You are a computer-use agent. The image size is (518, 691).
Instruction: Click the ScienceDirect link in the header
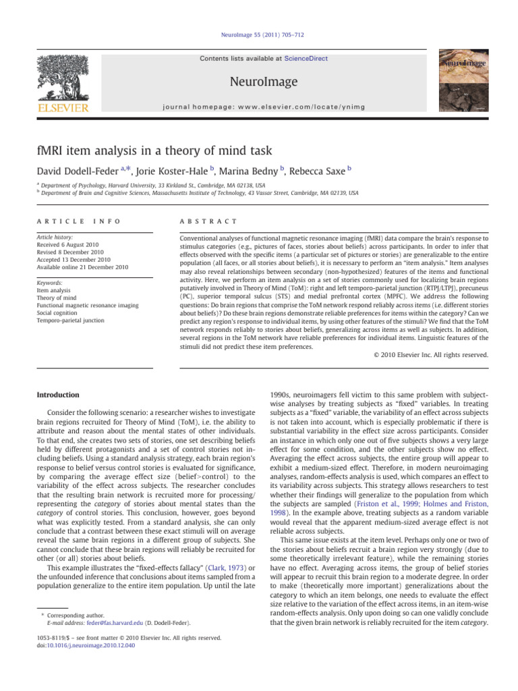306,59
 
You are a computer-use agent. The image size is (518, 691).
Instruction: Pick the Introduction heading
59,395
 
